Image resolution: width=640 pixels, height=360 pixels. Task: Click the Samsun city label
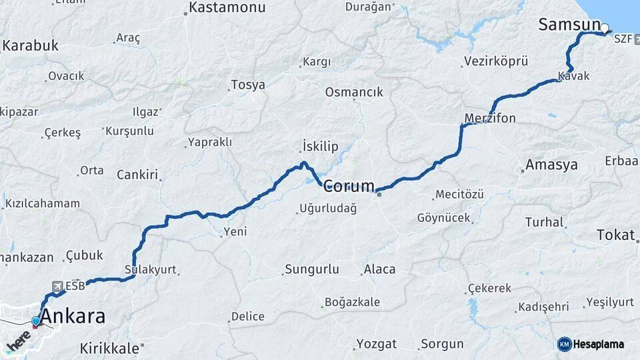point(569,25)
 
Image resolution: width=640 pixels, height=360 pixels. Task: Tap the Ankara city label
point(73,316)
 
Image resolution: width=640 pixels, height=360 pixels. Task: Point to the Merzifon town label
point(490,119)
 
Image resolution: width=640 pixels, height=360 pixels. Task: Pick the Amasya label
point(551,165)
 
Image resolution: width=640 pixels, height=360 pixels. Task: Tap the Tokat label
point(616,234)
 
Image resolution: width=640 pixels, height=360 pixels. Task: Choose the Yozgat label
point(376,344)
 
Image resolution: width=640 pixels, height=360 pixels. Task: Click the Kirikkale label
point(109,348)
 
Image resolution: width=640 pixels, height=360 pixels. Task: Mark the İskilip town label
point(320,147)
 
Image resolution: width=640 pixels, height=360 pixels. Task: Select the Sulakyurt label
point(150,270)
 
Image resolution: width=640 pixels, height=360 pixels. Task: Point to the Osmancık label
point(354,93)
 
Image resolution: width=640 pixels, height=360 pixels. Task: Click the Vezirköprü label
point(495,61)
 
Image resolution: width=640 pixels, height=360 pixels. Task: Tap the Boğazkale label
point(352,302)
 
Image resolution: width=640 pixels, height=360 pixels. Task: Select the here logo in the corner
point(19,343)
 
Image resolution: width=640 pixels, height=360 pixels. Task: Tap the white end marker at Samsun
point(605,28)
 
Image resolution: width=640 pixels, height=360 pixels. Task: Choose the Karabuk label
point(31,46)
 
